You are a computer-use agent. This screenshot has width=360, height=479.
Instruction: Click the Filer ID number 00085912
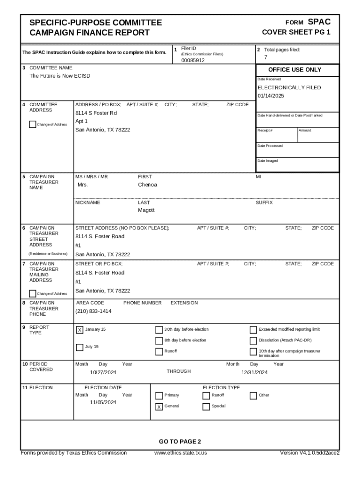(x=193, y=60)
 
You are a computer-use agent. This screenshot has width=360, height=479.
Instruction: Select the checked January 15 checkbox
(x=79, y=330)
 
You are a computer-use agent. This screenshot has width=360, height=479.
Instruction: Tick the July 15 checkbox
(x=79, y=347)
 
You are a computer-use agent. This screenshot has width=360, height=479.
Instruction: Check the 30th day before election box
(x=159, y=330)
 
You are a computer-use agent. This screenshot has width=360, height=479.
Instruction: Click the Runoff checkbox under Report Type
(x=159, y=351)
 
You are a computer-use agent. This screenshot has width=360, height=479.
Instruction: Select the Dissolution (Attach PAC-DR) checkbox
(x=253, y=341)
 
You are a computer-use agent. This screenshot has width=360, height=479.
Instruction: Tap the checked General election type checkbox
(x=159, y=406)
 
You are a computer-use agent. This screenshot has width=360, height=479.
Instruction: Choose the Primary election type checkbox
(x=159, y=395)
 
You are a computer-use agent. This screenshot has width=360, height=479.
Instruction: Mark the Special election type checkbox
(x=206, y=406)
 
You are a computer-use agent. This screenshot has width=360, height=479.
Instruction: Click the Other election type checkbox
(x=253, y=395)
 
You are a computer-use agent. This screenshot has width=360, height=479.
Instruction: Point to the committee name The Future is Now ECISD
(x=60, y=76)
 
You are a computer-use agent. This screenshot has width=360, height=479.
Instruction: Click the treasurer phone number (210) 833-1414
(x=94, y=311)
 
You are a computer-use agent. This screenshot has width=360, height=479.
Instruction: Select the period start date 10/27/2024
(x=103, y=372)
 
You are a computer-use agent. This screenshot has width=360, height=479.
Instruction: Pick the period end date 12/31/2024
(x=254, y=372)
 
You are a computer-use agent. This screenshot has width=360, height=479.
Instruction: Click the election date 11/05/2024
(x=103, y=402)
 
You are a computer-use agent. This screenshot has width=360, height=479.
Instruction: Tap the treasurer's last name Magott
(x=146, y=210)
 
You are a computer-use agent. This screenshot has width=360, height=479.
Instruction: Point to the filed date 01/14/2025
(x=271, y=96)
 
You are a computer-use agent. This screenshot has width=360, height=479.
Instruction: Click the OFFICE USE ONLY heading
(x=295, y=70)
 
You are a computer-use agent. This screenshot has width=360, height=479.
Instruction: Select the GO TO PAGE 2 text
(x=180, y=442)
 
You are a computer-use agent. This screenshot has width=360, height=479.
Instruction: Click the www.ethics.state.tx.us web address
(x=180, y=453)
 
